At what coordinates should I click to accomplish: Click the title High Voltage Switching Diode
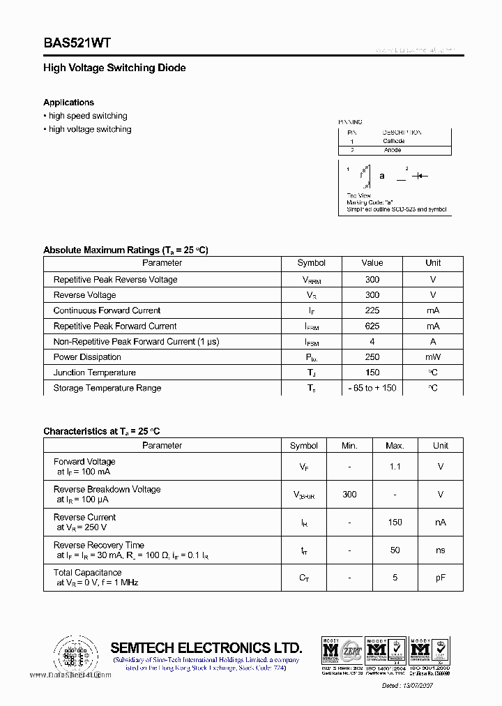(x=114, y=68)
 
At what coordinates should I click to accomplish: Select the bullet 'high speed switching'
(x=87, y=116)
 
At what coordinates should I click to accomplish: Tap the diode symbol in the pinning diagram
(x=419, y=176)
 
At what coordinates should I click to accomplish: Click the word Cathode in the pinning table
(x=393, y=141)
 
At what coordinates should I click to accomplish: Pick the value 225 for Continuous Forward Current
(x=372, y=310)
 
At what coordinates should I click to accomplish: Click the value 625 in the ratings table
(x=372, y=326)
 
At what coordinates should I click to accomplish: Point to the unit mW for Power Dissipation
(x=433, y=356)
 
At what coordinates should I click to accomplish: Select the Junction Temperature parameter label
(x=94, y=373)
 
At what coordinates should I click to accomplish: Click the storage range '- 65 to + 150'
(x=372, y=388)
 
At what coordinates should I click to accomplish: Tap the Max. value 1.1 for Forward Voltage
(x=395, y=466)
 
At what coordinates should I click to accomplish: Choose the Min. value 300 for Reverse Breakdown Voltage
(x=349, y=494)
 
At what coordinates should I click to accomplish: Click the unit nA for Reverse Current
(x=440, y=522)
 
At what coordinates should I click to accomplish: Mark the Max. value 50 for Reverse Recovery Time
(x=395, y=550)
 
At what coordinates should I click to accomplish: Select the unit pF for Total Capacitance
(x=440, y=578)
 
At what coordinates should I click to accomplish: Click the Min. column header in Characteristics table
(x=349, y=446)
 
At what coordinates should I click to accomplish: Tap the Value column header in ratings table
(x=372, y=263)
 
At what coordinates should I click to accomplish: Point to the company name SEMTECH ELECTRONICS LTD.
(x=206, y=647)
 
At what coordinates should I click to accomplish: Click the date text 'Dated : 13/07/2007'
(x=417, y=686)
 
